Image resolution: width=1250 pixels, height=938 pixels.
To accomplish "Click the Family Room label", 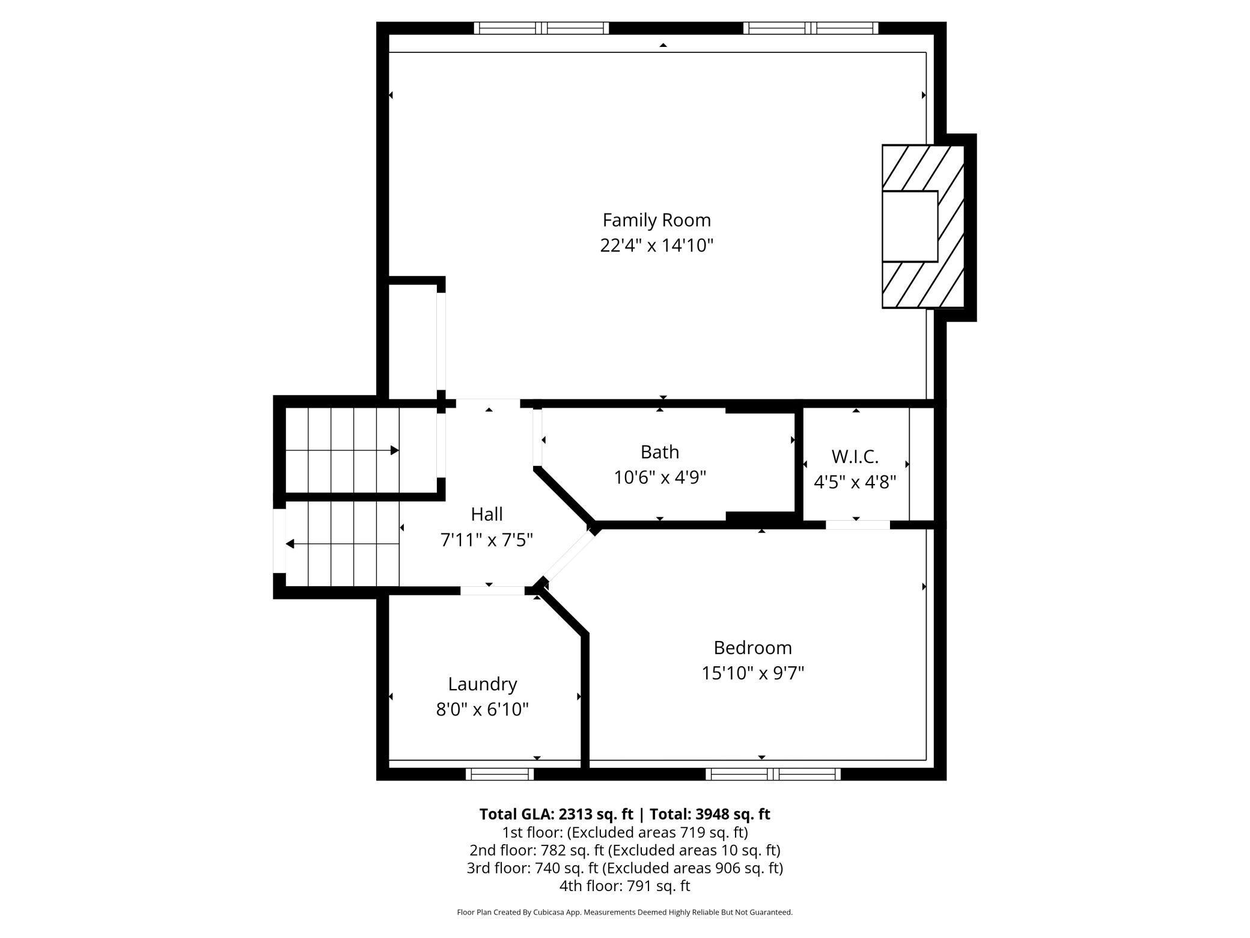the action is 657,220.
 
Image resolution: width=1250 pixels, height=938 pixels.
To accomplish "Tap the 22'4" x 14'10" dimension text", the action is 657,245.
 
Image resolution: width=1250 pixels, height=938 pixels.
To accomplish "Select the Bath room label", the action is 660,452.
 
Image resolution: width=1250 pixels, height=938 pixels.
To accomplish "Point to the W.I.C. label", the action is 855,456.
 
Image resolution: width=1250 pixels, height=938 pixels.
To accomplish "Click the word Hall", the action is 487,514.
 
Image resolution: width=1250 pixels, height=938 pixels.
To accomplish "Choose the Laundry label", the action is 483,684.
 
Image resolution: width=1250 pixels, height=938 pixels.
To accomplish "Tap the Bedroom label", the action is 753,648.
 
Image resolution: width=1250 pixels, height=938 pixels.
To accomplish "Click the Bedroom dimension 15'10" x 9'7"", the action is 753,673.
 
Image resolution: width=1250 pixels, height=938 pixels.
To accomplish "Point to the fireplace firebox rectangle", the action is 910,226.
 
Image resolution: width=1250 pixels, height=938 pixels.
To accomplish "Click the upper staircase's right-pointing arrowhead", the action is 395,450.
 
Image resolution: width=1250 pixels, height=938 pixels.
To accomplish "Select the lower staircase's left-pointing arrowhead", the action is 290,544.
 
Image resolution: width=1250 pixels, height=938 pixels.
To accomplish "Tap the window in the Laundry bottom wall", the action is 500,774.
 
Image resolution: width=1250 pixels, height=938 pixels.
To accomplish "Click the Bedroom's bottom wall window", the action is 773,774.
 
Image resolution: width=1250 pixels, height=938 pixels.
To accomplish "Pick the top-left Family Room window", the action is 541,28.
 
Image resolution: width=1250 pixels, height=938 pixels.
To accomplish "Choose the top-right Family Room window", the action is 811,28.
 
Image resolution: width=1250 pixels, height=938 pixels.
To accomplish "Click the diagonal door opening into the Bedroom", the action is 569,558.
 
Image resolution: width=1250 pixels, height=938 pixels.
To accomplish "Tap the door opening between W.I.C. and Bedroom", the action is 858,525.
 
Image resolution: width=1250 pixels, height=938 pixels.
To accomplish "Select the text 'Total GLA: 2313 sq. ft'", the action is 556,814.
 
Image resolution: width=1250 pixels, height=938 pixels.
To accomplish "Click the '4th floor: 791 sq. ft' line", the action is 625,886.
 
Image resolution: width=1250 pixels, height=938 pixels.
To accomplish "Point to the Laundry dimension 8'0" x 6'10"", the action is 483,710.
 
